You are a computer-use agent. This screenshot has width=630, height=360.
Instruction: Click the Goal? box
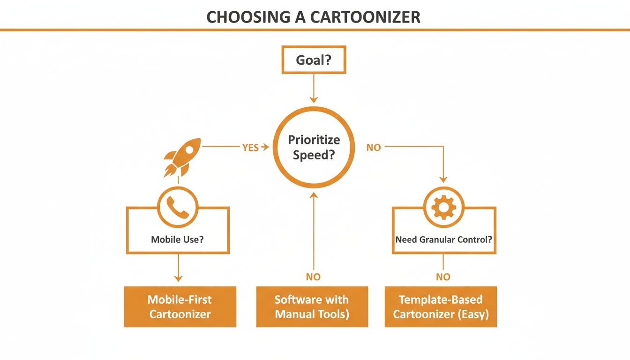[x=314, y=60]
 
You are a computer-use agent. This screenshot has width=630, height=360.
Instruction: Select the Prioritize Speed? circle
[x=314, y=147]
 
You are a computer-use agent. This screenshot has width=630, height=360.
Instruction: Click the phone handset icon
[x=178, y=207]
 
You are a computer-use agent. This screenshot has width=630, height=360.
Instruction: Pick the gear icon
[x=443, y=207]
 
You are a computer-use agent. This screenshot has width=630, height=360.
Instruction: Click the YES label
[x=251, y=148]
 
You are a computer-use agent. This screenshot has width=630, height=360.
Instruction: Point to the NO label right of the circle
[x=374, y=148]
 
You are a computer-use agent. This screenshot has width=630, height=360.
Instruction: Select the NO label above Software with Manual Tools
[x=313, y=277]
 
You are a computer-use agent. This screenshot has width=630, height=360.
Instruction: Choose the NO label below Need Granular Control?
[x=443, y=277]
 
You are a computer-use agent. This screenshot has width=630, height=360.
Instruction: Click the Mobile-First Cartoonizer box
[x=180, y=307]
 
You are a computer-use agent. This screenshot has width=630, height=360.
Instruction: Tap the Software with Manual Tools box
[x=312, y=307]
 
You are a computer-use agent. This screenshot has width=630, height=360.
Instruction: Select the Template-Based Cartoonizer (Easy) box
[x=441, y=307]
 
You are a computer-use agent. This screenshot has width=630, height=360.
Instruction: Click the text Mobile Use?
[x=177, y=240]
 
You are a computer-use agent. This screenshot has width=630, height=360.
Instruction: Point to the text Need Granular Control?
[x=443, y=240]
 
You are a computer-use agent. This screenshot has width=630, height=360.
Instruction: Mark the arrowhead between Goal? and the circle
[x=314, y=99]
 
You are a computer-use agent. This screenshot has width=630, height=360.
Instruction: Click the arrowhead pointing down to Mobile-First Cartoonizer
[x=178, y=278]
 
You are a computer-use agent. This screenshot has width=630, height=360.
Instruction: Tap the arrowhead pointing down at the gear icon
[x=443, y=179]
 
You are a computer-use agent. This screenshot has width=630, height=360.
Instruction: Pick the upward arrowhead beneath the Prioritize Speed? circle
[x=314, y=195]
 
